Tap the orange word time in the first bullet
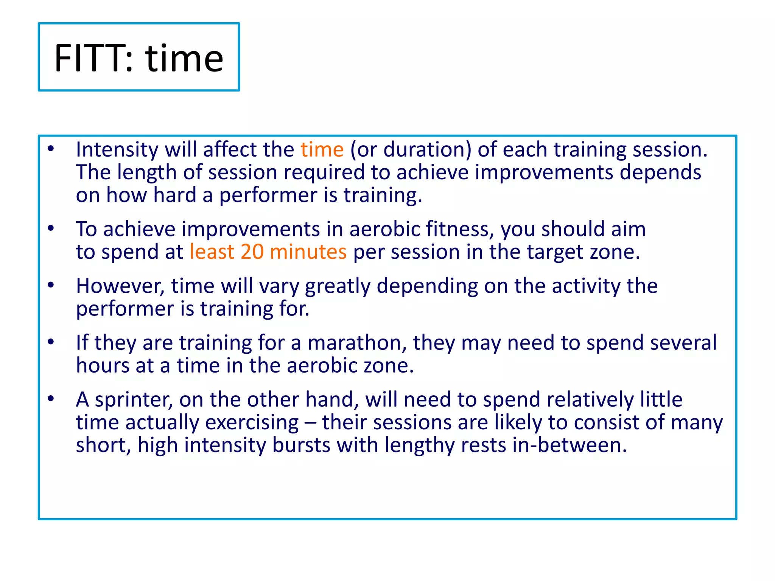[322, 149]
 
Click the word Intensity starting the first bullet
[117, 150]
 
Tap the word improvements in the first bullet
[544, 172]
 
